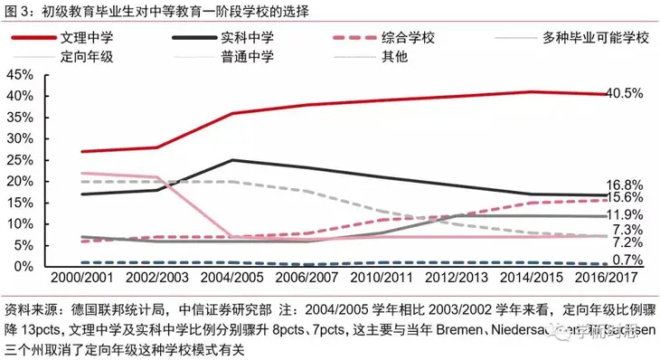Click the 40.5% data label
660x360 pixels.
point(625,93)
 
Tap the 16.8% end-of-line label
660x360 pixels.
point(625,185)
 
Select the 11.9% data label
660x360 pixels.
point(625,215)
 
